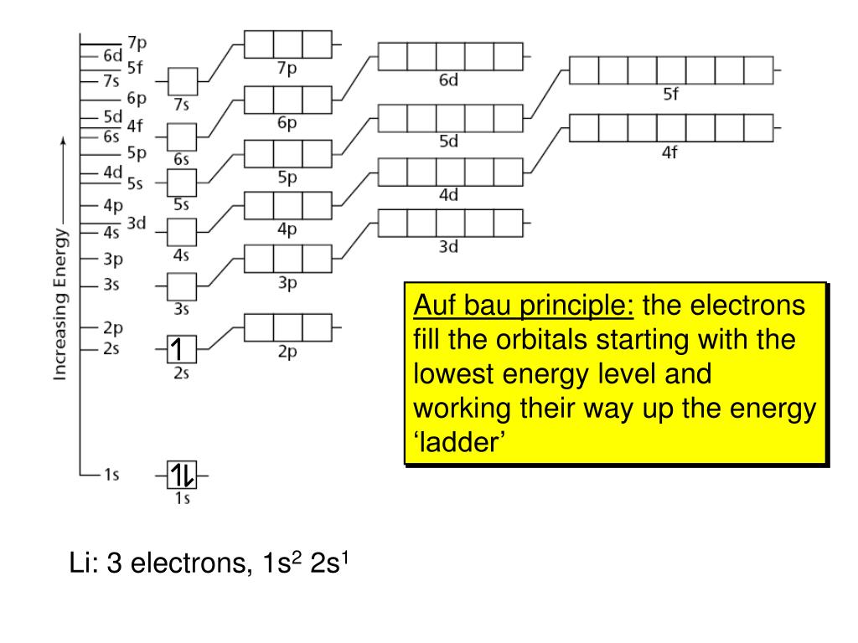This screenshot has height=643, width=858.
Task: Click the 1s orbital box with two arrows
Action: (x=182, y=476)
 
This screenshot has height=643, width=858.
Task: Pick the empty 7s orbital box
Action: (x=182, y=82)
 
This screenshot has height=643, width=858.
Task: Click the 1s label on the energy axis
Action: (x=111, y=475)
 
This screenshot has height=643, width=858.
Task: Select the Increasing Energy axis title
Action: (x=60, y=301)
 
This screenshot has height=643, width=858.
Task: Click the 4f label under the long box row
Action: (x=670, y=153)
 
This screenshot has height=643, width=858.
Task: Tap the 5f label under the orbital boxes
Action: (x=670, y=95)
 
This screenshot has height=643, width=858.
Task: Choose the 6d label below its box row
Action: (x=449, y=80)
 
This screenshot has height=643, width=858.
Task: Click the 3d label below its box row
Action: (x=449, y=247)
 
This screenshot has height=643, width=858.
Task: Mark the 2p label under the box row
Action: (x=287, y=352)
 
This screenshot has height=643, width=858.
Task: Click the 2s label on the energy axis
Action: (x=111, y=349)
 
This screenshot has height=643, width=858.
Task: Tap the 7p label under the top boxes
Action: (x=287, y=69)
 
